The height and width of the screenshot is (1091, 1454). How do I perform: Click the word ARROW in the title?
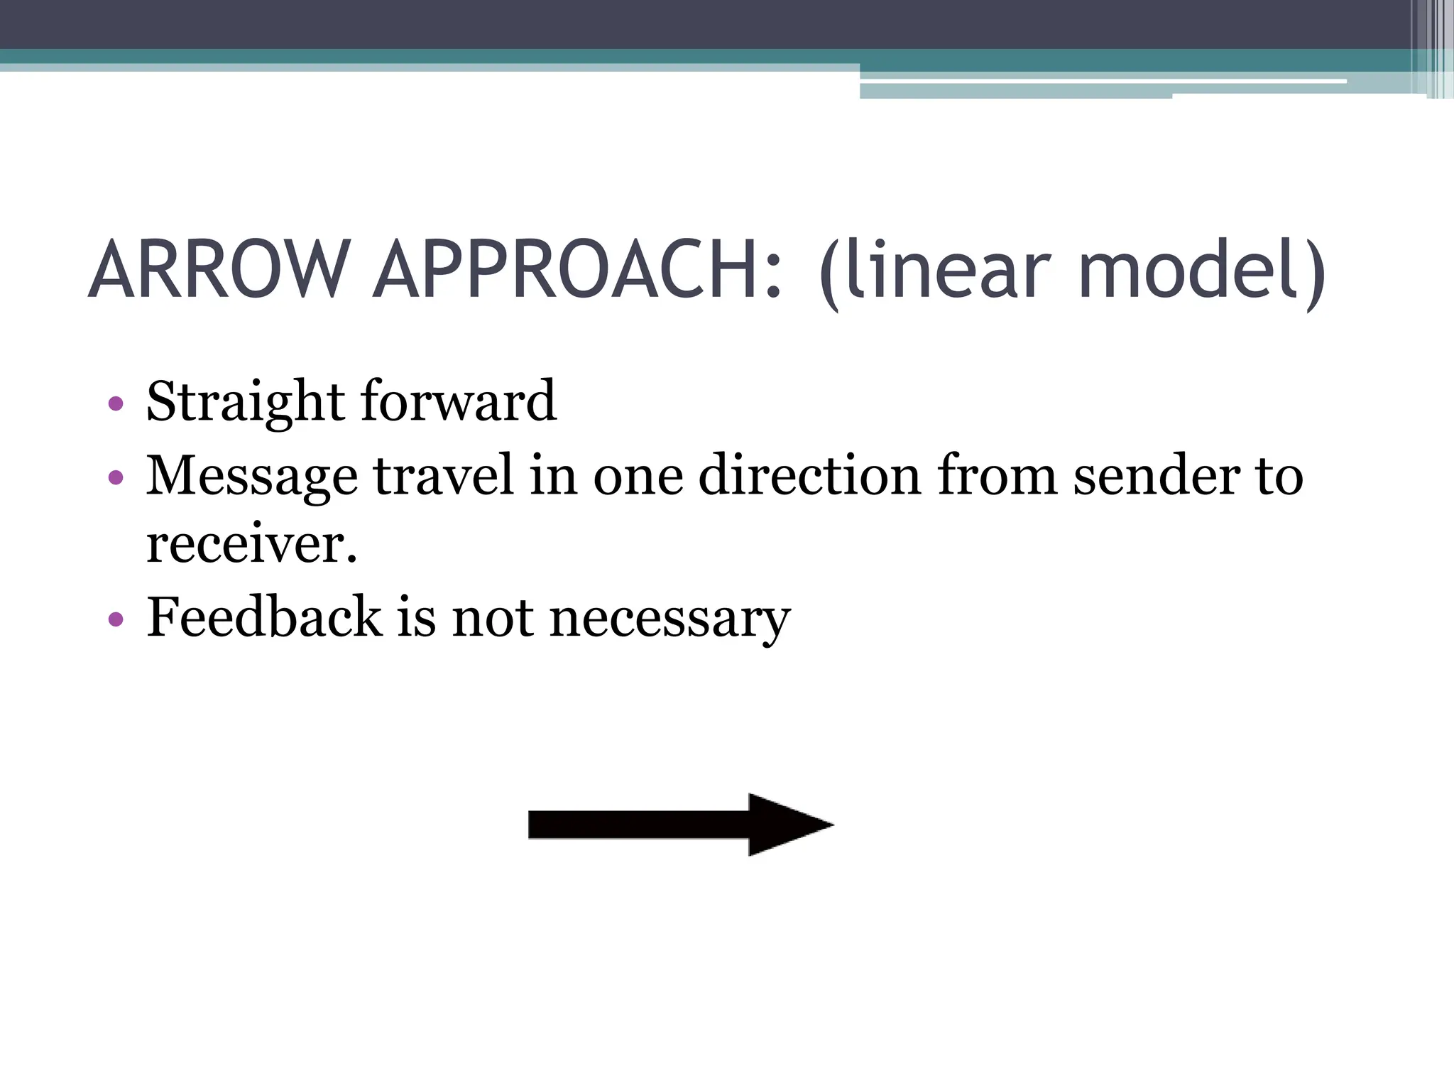219,270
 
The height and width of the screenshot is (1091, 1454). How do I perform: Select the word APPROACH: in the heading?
579,270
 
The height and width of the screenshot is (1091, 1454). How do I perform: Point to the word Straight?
246,402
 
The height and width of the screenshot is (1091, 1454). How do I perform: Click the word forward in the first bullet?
459,401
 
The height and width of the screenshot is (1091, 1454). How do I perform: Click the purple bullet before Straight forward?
116,405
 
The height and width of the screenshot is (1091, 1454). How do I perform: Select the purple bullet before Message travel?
116,477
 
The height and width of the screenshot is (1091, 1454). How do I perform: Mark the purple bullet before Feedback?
116,619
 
